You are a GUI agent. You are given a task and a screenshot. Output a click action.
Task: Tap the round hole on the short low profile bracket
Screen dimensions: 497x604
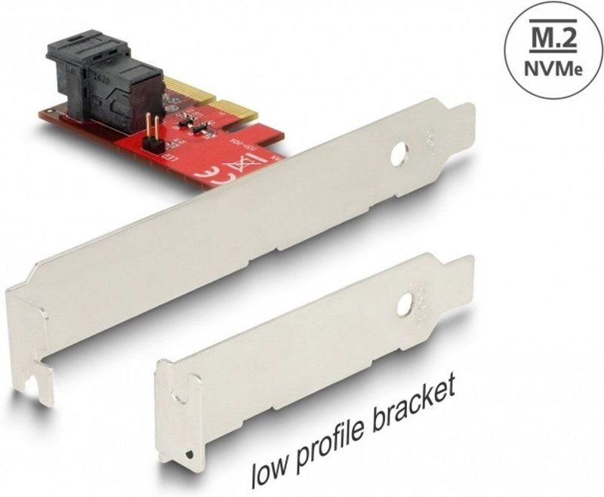pos(405,303)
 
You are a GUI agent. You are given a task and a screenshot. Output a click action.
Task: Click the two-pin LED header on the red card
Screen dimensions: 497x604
pos(150,130)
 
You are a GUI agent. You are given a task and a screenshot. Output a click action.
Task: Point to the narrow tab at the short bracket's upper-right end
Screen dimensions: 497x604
pos(459,278)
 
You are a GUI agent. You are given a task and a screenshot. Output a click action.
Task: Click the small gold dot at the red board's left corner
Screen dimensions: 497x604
pos(47,114)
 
